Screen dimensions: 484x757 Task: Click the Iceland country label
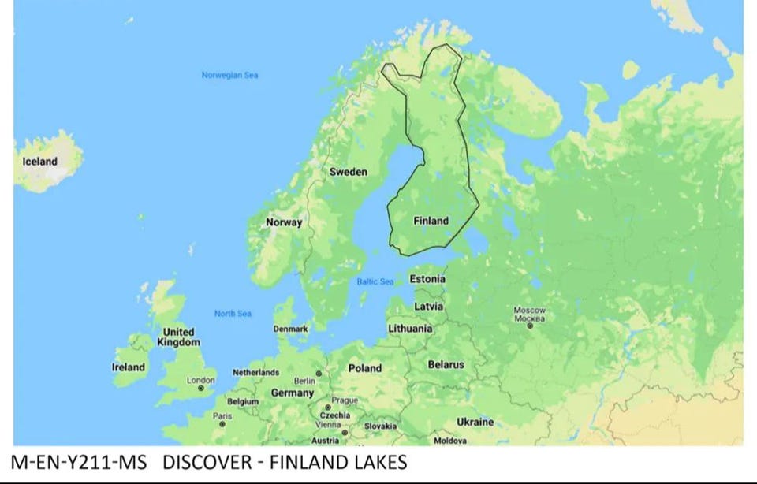coord(39,162)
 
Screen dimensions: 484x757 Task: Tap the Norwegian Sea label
coord(229,76)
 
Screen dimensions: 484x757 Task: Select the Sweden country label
coord(348,172)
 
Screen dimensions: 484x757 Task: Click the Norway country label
coord(284,222)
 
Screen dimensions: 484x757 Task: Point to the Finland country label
coord(431,221)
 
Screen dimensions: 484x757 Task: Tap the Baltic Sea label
coord(375,281)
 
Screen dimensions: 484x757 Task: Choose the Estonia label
coord(427,279)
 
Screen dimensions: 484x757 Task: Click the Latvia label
coord(429,306)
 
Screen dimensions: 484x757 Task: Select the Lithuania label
coord(410,328)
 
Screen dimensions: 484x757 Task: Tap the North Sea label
coord(233,314)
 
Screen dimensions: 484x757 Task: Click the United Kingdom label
coord(178,337)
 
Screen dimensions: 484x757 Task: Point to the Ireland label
coord(129,367)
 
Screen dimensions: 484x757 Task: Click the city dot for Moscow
coord(530,325)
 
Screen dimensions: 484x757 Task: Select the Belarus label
coord(446,365)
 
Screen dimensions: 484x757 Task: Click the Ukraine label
coord(475,422)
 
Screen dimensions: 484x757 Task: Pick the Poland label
coord(365,368)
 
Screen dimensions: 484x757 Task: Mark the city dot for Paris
coord(222,424)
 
